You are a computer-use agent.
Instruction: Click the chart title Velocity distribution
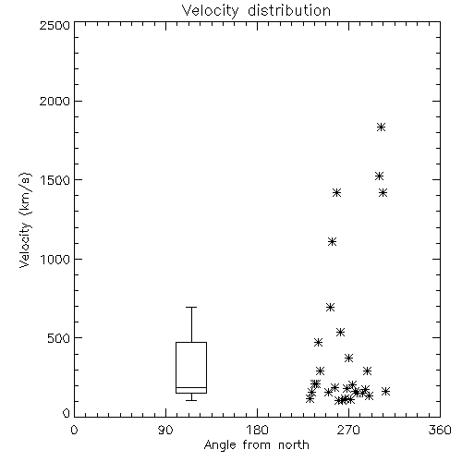tap(256, 11)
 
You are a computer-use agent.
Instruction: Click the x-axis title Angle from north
tap(256, 444)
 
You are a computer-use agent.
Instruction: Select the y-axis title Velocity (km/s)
tap(26, 220)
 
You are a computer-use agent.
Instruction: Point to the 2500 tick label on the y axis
tap(55, 25)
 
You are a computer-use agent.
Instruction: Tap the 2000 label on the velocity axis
tap(55, 101)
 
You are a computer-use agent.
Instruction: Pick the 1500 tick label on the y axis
tap(55, 180)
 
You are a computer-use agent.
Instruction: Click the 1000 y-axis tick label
tap(55, 259)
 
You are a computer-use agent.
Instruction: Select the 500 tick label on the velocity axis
tap(59, 338)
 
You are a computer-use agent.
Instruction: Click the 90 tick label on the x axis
tap(165, 430)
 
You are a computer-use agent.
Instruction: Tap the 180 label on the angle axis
tap(257, 430)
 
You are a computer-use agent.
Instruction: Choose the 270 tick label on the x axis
tap(348, 430)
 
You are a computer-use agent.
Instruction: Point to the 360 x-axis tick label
tap(440, 430)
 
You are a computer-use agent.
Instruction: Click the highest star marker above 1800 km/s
tap(381, 127)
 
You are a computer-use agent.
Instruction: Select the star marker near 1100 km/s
tap(332, 241)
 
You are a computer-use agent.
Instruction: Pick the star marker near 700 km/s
tap(330, 307)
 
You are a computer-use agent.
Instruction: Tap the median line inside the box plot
tap(191, 387)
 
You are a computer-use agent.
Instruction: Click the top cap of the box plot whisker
tap(191, 307)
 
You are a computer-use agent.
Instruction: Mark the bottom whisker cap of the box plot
tap(191, 400)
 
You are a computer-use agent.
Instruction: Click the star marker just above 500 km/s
tap(340, 332)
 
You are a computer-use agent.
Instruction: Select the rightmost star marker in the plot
tap(385, 391)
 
